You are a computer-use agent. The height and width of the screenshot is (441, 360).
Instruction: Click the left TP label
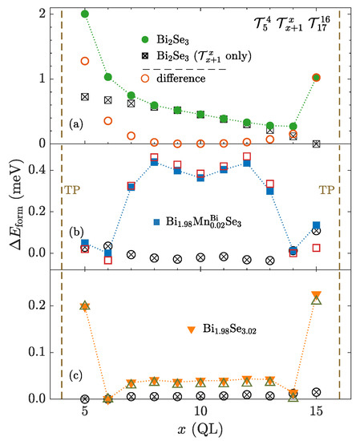73,191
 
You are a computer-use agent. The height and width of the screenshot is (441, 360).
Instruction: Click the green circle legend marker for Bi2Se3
144,38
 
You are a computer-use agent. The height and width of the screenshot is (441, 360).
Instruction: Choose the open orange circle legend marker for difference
144,79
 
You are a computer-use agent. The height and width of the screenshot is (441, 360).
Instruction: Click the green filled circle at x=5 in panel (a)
85,14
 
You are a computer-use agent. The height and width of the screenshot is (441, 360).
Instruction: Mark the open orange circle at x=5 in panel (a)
85,61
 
